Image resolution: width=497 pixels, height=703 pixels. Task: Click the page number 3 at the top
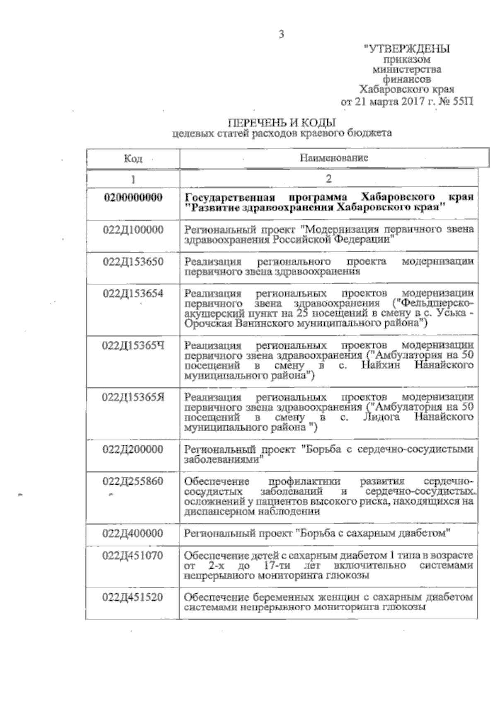pyautogui.click(x=281, y=35)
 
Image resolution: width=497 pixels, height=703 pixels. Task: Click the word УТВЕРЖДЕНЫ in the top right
pyautogui.click(x=407, y=49)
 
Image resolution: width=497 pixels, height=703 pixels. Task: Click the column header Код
pyautogui.click(x=133, y=159)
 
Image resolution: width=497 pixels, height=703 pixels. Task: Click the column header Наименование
pyautogui.click(x=334, y=158)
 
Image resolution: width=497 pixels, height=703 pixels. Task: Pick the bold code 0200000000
pyautogui.click(x=133, y=197)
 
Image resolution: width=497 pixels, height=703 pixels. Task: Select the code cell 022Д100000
pyautogui.click(x=133, y=230)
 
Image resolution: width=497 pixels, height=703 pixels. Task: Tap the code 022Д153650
pyautogui.click(x=133, y=262)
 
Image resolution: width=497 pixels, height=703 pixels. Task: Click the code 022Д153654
pyautogui.click(x=133, y=294)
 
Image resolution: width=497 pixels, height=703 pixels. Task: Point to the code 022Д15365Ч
pyautogui.click(x=133, y=345)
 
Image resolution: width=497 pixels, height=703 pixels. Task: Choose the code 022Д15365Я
pyautogui.click(x=133, y=397)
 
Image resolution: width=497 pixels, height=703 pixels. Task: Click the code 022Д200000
pyautogui.click(x=133, y=449)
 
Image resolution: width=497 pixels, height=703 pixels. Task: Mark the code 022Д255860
pyautogui.click(x=133, y=481)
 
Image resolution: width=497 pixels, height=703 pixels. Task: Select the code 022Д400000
pyautogui.click(x=133, y=533)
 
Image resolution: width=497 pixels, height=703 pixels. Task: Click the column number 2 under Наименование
pyautogui.click(x=328, y=179)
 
